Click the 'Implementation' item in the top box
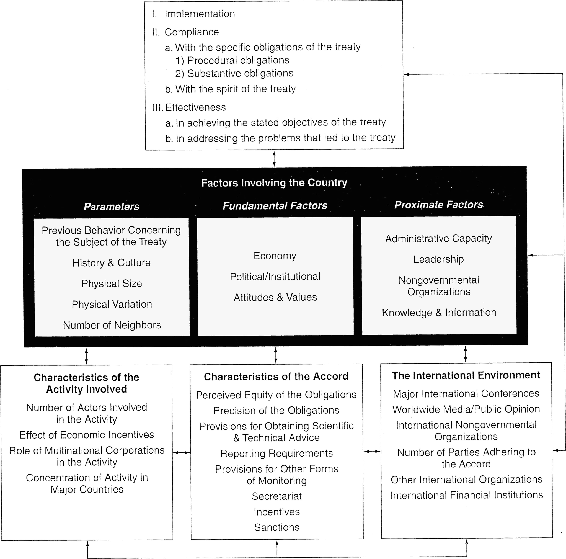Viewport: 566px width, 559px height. point(200,14)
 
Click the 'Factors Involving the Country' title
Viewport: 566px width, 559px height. point(274,183)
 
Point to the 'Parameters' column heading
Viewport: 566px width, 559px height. point(112,206)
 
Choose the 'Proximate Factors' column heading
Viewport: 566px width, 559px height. point(439,205)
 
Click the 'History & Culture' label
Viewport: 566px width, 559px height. point(112,263)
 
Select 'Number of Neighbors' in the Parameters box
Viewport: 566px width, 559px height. point(112,325)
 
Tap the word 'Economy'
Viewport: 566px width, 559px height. point(275,256)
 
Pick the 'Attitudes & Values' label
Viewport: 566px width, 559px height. point(275,298)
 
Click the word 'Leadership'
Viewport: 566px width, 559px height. point(439,259)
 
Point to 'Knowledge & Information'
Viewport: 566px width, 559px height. point(439,313)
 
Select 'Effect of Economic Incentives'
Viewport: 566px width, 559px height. point(87,435)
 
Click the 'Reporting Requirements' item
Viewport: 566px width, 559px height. point(276,454)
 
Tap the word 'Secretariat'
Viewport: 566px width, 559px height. point(276,496)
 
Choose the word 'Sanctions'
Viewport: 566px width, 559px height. point(276,527)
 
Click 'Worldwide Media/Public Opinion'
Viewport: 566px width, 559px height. point(466,409)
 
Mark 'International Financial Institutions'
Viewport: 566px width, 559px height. point(467,495)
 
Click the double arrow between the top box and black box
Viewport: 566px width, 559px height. point(274,159)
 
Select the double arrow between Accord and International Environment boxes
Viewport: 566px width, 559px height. point(372,452)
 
